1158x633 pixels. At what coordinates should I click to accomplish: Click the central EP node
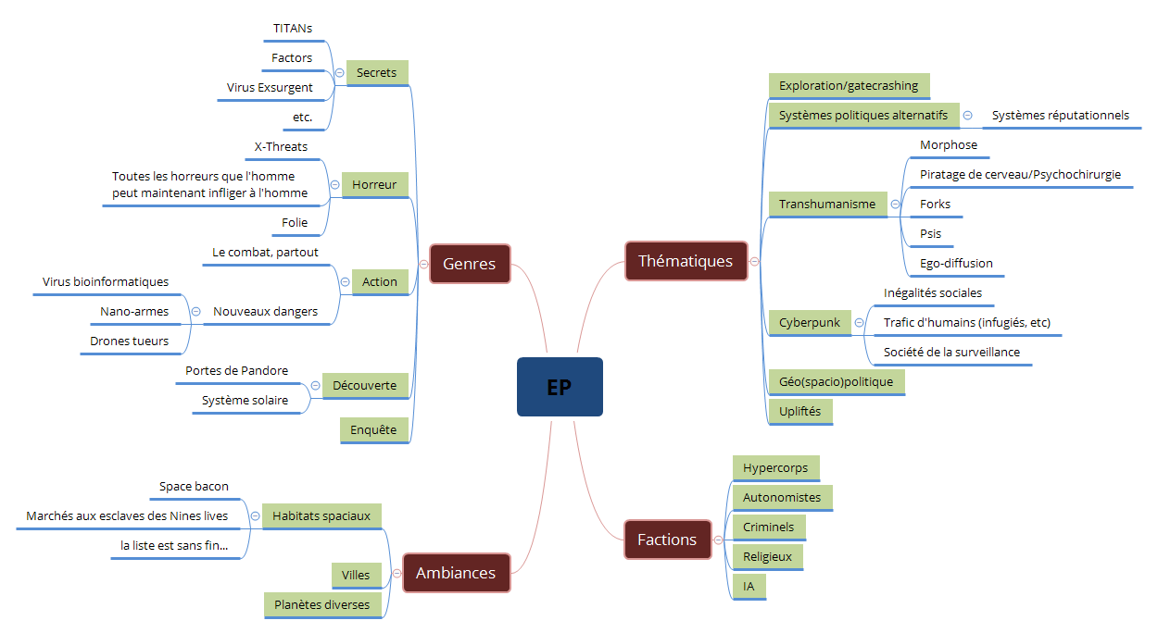560,387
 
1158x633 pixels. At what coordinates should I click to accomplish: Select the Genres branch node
470,264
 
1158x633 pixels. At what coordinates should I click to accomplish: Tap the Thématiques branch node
686,261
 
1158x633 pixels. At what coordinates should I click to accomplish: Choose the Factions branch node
667,540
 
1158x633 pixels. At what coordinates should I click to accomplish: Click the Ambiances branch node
456,573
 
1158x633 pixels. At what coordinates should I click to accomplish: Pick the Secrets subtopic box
376,73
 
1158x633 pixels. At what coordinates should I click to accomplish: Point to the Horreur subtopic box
374,185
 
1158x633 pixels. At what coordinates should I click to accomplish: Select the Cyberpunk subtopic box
810,323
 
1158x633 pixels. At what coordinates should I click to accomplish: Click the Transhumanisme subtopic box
827,205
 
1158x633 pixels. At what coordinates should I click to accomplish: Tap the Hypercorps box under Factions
775,468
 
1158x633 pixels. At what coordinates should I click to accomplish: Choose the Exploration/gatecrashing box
849,86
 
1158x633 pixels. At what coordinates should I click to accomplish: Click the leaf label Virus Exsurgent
270,88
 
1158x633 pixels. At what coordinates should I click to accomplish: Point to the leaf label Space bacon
194,487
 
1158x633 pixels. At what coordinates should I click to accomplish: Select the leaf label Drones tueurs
130,341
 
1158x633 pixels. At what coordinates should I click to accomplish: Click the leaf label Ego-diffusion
956,264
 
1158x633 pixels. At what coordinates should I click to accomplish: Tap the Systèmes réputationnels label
1061,116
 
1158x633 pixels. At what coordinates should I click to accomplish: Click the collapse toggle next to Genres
423,264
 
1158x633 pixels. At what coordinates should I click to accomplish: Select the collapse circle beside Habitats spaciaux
255,516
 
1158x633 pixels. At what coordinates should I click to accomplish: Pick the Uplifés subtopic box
800,412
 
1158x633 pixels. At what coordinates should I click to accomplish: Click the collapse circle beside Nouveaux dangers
195,312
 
